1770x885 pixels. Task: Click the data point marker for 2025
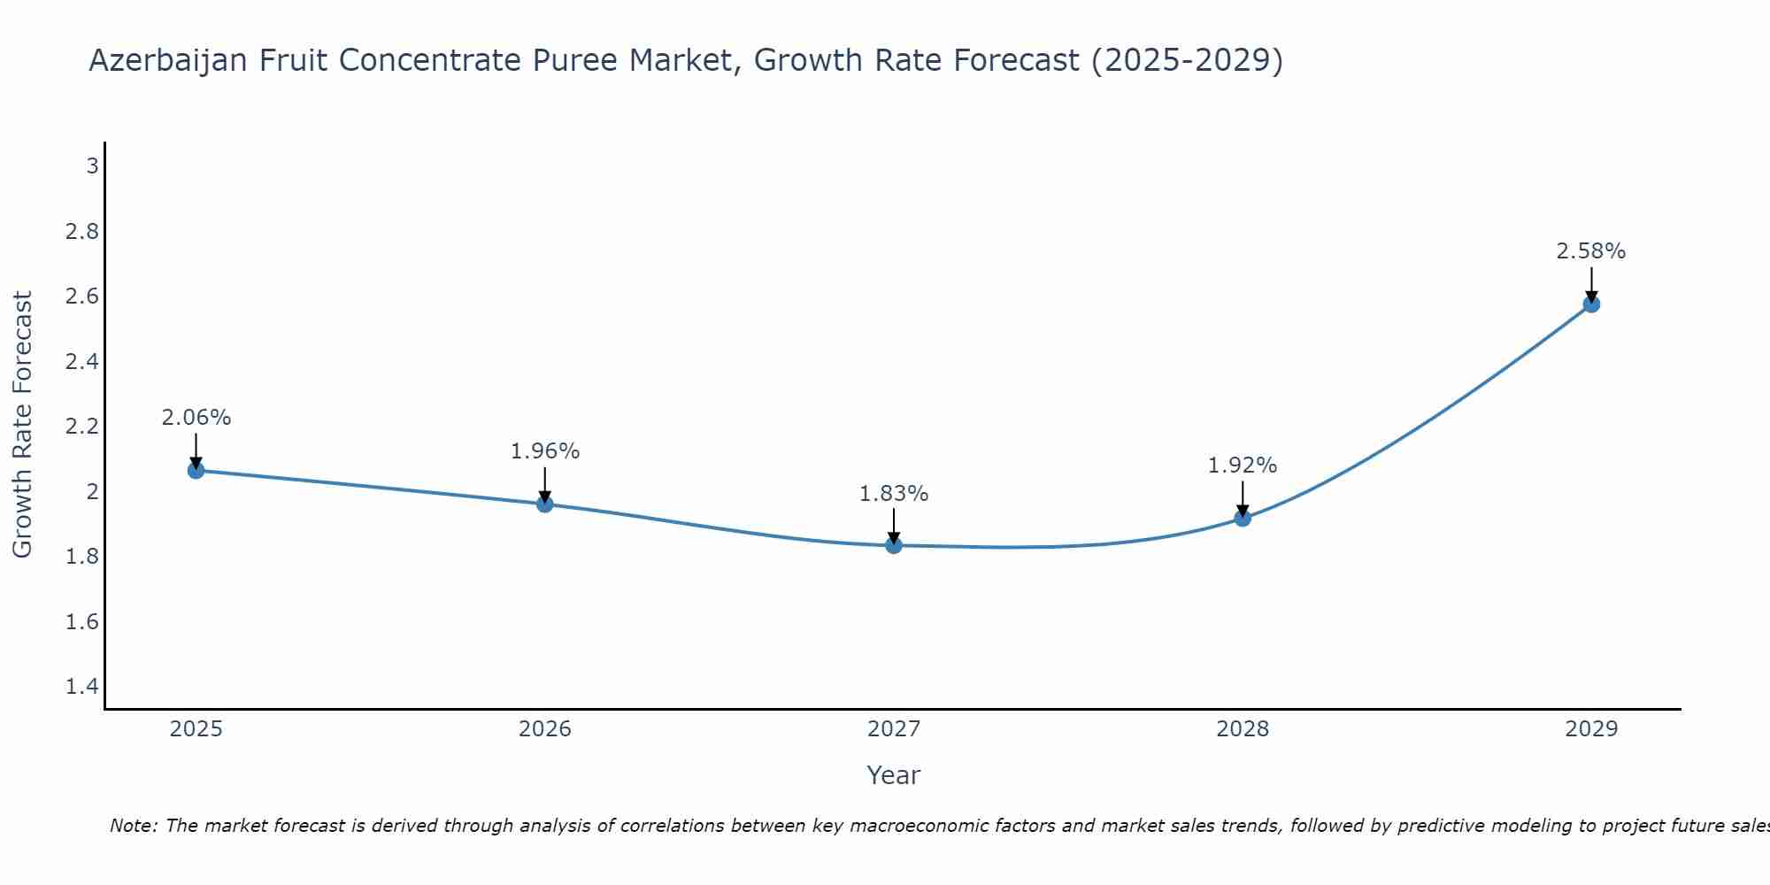tap(196, 470)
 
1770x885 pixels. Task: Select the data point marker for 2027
tap(894, 545)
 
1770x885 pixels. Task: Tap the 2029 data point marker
tap(1591, 304)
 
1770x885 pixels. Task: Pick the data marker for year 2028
tap(1243, 518)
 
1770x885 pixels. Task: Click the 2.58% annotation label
tap(1591, 251)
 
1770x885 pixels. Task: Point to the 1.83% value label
tap(894, 494)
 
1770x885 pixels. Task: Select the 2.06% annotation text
tap(196, 418)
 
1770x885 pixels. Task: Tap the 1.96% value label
tap(545, 451)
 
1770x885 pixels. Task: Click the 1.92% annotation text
tap(1243, 466)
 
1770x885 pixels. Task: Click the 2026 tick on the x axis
tap(545, 729)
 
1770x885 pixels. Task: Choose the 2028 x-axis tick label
tap(1243, 729)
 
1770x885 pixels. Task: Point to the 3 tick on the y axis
tap(92, 165)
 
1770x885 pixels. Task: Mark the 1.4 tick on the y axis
tap(82, 687)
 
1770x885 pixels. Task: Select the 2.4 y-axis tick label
tap(82, 361)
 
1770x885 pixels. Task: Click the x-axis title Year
tap(894, 775)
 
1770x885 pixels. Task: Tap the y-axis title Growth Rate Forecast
tap(23, 425)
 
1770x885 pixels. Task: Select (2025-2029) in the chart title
tap(1187, 61)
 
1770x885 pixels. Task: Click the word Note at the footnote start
tap(133, 826)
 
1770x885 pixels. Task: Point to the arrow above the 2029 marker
tap(1591, 283)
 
